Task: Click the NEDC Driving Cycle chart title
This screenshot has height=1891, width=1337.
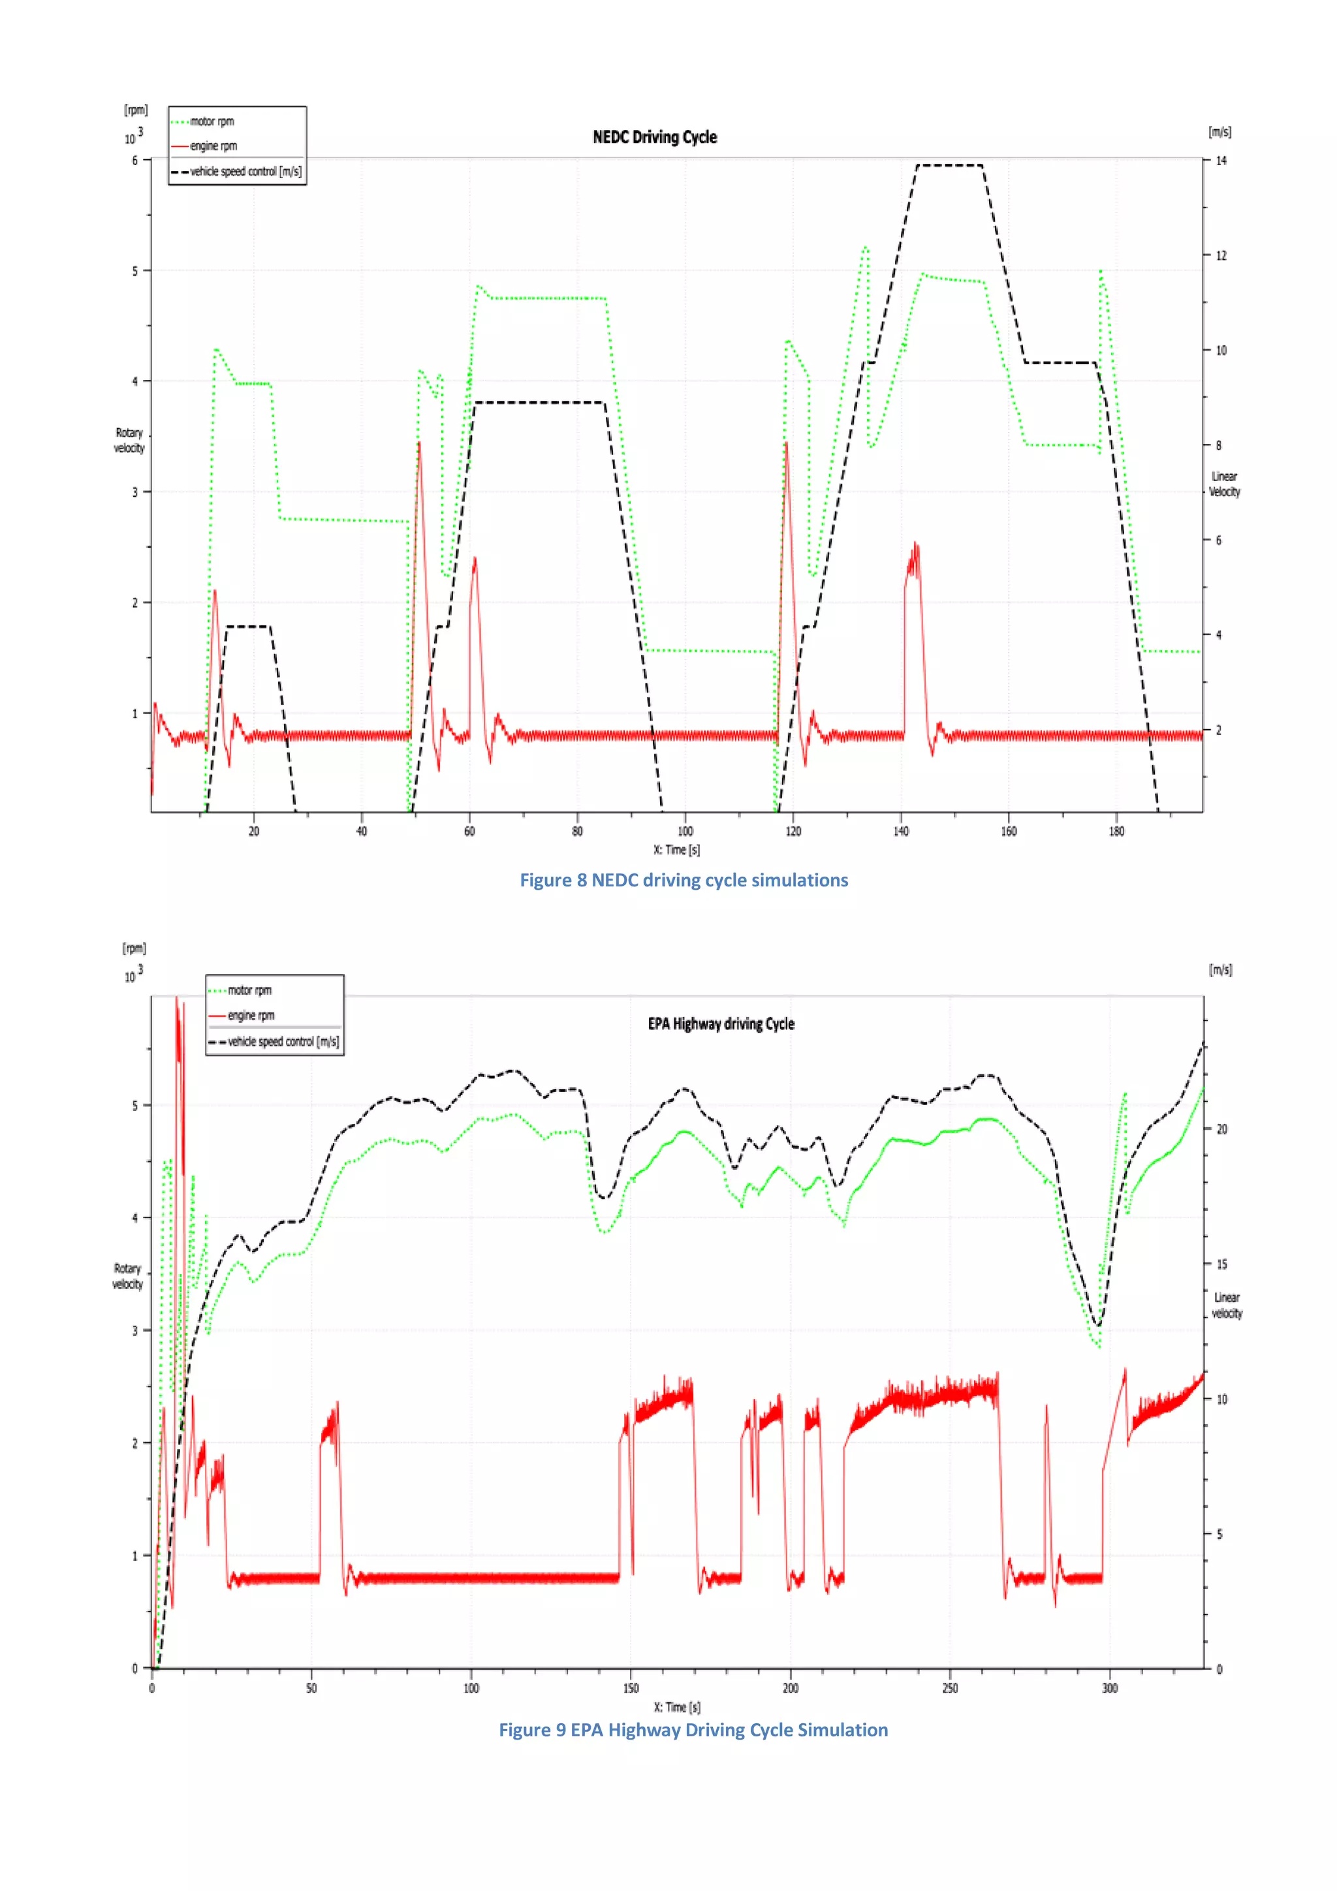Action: pyautogui.click(x=654, y=138)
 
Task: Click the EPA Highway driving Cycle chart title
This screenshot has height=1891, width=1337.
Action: pyautogui.click(x=721, y=1024)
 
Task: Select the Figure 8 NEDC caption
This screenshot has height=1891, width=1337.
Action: pyautogui.click(x=683, y=881)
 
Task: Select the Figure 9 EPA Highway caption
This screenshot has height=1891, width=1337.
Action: pyautogui.click(x=693, y=1730)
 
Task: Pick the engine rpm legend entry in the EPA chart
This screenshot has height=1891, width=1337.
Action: pyautogui.click(x=251, y=1016)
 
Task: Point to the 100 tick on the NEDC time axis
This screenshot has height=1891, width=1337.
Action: pyautogui.click(x=685, y=831)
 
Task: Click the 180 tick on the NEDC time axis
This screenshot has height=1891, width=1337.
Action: pyautogui.click(x=1116, y=831)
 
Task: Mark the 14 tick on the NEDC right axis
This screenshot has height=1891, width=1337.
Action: pyautogui.click(x=1221, y=161)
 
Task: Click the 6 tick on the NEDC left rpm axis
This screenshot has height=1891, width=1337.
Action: pyautogui.click(x=135, y=161)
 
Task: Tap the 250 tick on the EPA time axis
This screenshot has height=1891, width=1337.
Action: pyautogui.click(x=950, y=1689)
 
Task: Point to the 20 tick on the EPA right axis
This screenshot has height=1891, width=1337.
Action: pyautogui.click(x=1221, y=1129)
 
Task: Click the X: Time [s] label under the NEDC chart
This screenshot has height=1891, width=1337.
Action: pyautogui.click(x=676, y=850)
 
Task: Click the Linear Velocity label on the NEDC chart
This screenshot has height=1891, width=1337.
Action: pyautogui.click(x=1224, y=484)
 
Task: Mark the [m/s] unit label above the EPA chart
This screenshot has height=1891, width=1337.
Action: pyautogui.click(x=1220, y=970)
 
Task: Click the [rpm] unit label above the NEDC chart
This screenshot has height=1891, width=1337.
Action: pyautogui.click(x=136, y=110)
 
